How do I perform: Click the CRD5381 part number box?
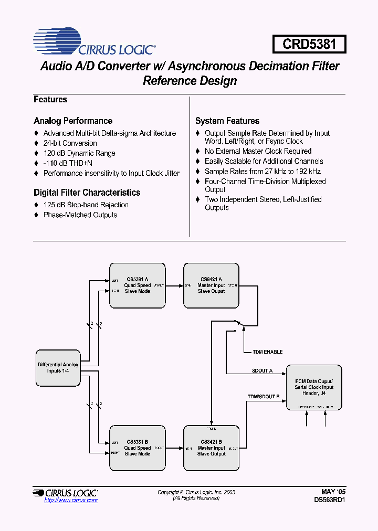[309, 44]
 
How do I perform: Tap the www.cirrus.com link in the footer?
[71, 501]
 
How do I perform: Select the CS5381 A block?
[137, 285]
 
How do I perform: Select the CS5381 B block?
[137, 448]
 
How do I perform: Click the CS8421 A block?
[211, 285]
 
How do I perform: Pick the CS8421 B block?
[211, 448]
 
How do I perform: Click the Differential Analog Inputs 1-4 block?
[58, 368]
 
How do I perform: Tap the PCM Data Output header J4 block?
[314, 387]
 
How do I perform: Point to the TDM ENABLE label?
[268, 352]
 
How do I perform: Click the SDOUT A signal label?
[262, 371]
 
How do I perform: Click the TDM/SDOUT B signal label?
[264, 397]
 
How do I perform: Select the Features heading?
[50, 100]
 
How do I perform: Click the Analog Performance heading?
[73, 121]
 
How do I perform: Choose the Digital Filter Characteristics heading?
[87, 193]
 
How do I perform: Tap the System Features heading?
[227, 121]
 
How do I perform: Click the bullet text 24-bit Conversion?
[70, 143]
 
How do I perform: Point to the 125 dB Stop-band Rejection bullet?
[86, 205]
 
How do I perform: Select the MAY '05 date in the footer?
[333, 492]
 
